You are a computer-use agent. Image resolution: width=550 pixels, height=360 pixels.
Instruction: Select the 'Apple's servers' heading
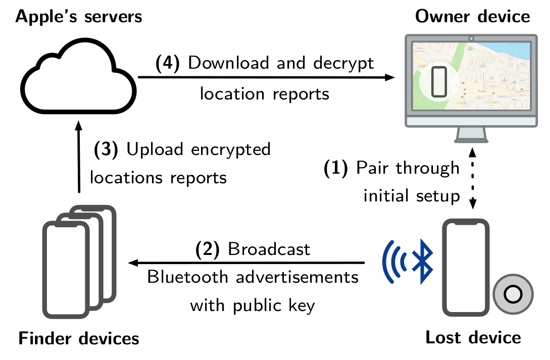pos(78,17)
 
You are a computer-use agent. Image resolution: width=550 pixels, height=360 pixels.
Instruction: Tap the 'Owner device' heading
pos(472,17)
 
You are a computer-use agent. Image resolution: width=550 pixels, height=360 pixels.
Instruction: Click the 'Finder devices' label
pos(78,338)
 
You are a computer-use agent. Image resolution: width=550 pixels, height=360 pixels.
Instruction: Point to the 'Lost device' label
pos(473,337)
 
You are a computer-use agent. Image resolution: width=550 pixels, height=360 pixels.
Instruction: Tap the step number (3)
pos(106,150)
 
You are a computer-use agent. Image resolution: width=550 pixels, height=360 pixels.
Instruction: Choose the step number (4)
pos(167,64)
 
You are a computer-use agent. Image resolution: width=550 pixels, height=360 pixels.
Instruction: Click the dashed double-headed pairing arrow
pos(472,178)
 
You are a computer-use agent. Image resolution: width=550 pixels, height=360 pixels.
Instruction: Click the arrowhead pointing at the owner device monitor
pos(389,77)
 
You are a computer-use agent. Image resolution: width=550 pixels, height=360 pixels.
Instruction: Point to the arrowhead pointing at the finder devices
pos(134,263)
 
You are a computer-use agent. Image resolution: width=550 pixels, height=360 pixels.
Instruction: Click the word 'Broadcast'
pos(269,249)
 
